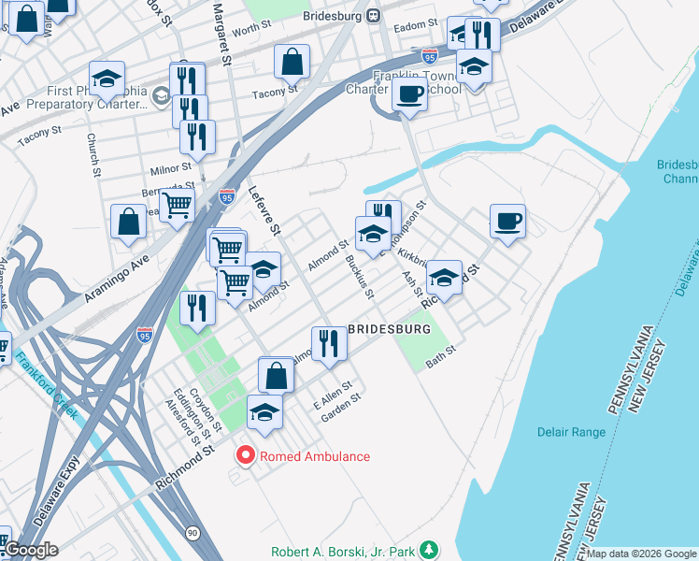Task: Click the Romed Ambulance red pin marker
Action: click(247, 456)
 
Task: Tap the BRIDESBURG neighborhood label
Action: click(390, 330)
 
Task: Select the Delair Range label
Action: click(572, 432)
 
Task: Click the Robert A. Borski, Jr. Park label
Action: click(342, 552)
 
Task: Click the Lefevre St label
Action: click(264, 209)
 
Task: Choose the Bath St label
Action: click(439, 356)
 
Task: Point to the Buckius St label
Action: click(360, 278)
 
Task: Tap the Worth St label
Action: click(251, 31)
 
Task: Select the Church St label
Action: click(93, 155)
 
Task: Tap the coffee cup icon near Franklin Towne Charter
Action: click(408, 93)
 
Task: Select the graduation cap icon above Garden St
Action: click(265, 412)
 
